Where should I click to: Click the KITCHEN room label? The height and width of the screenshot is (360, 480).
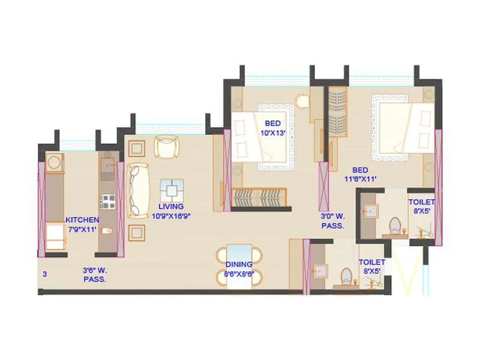pyautogui.click(x=82, y=220)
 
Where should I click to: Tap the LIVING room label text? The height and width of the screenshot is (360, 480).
pyautogui.click(x=171, y=206)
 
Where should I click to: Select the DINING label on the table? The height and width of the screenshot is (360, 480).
pyautogui.click(x=239, y=264)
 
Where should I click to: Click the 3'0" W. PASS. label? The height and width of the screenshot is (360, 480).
pyautogui.click(x=332, y=221)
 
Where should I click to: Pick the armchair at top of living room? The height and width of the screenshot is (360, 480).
pyautogui.click(x=166, y=146)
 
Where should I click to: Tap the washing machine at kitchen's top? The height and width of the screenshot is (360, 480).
pyautogui.click(x=55, y=161)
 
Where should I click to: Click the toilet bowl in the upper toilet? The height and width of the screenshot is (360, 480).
pyautogui.click(x=395, y=226)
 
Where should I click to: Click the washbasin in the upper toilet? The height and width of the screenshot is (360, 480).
pyautogui.click(x=370, y=210)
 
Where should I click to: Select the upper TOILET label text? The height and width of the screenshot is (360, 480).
pyautogui.click(x=422, y=203)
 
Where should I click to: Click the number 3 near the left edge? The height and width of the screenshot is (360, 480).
pyautogui.click(x=44, y=274)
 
